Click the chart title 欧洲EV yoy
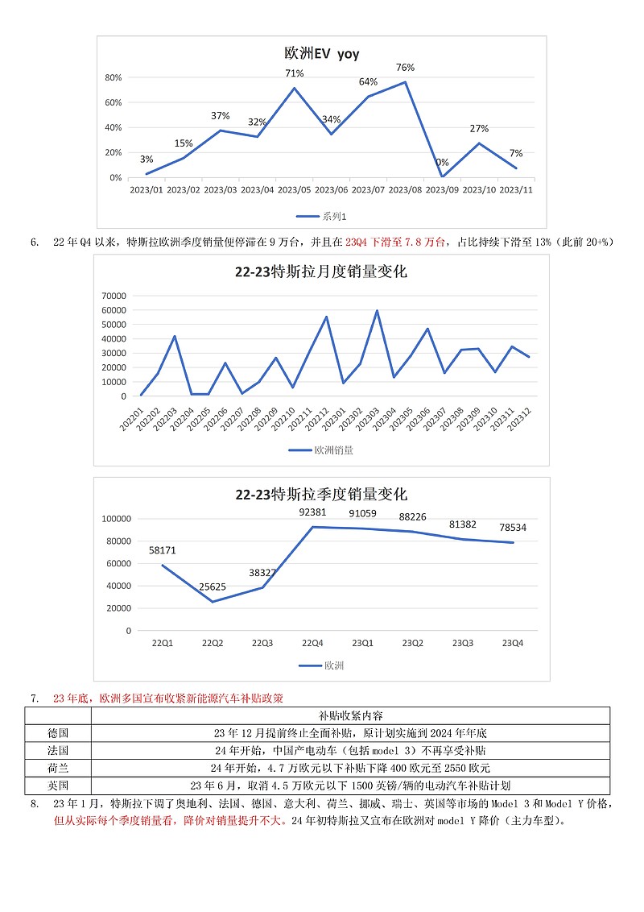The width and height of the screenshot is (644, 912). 322,53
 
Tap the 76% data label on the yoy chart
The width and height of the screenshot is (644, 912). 405,68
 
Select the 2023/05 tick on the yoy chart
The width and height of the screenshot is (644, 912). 294,189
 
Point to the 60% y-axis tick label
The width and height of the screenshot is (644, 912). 114,102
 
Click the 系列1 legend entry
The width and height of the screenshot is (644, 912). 321,217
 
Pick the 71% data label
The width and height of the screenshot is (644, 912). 294,73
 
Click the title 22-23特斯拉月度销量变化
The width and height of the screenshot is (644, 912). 321,272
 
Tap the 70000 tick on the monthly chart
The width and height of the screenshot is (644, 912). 114,296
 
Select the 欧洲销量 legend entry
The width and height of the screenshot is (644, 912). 321,450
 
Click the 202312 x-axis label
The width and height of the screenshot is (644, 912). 519,420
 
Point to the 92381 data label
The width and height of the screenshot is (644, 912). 312,512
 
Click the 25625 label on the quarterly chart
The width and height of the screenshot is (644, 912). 213,587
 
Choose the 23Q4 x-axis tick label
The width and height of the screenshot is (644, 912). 513,643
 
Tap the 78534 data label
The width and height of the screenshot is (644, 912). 513,528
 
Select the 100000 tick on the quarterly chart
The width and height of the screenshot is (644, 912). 116,519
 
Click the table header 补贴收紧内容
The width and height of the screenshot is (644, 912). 350,715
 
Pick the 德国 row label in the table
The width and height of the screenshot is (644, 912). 58,733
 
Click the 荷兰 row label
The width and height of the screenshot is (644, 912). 58,768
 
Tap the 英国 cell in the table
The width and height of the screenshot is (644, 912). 58,786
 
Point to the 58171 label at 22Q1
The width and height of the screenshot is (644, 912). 162,550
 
